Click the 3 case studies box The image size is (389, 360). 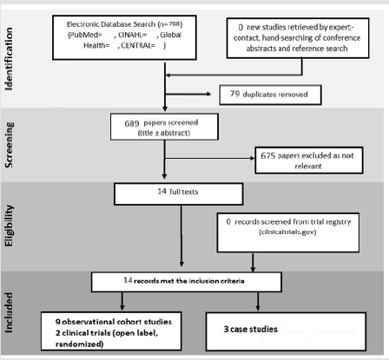(x=286, y=331)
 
